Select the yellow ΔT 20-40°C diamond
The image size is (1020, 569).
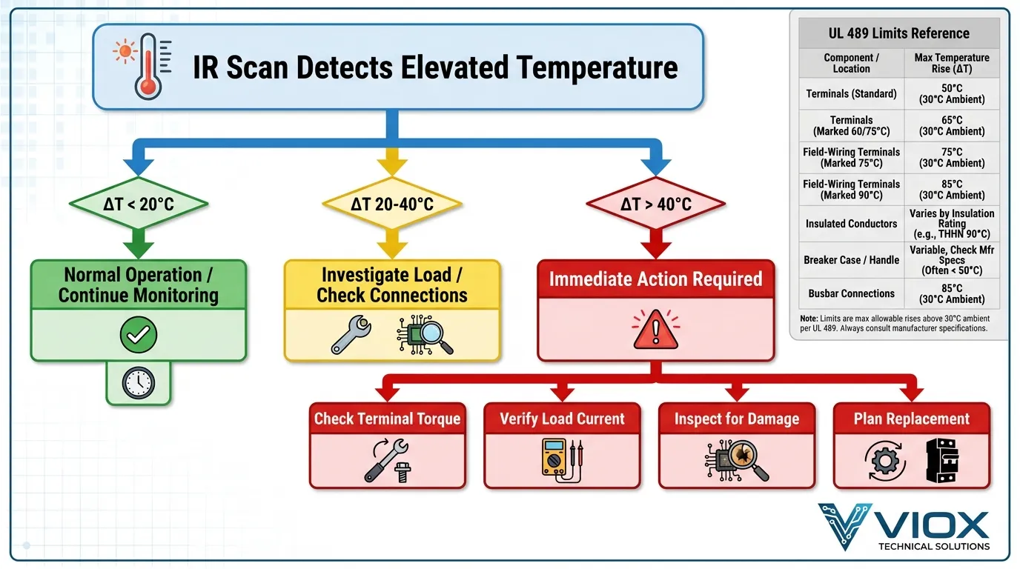pos(392,202)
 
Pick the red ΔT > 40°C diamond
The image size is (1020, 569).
pos(655,202)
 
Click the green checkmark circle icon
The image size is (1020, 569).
pos(138,336)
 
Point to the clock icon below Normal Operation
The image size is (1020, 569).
pos(138,382)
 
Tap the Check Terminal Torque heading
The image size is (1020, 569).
pos(387,419)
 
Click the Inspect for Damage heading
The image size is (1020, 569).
pos(736,419)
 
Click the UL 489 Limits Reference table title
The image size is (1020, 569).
pos(898,33)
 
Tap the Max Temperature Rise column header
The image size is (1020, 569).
pos(952,63)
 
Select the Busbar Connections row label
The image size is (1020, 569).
pos(851,293)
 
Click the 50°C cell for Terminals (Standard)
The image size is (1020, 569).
pos(952,94)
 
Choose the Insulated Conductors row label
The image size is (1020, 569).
pos(851,223)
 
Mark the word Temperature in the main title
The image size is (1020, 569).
pos(597,67)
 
